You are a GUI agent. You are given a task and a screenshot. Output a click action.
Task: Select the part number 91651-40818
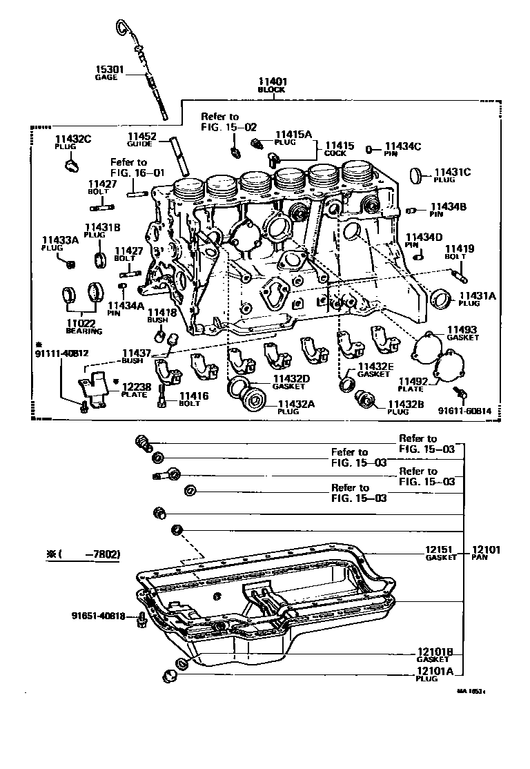[x=98, y=616]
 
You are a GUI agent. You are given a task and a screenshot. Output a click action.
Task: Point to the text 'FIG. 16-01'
[x=137, y=173]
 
